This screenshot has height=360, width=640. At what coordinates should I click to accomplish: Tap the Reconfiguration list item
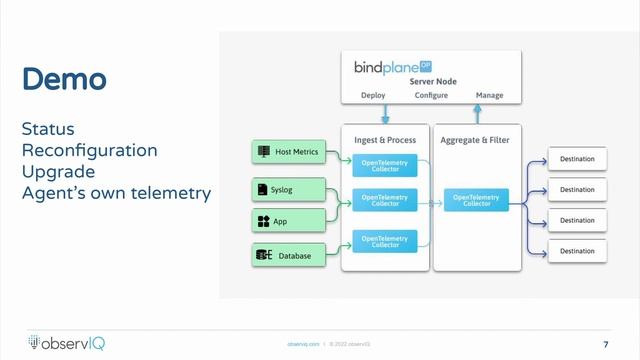[x=90, y=151]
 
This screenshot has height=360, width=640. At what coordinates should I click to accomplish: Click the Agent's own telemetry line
[x=116, y=192]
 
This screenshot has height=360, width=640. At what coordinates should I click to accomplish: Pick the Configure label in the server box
[x=431, y=96]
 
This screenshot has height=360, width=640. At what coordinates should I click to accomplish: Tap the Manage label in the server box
[x=488, y=96]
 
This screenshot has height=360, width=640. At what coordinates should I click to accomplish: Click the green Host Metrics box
[x=288, y=152]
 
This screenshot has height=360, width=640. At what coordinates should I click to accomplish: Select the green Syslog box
[x=288, y=188]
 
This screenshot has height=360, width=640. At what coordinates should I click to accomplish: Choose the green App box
[x=288, y=221]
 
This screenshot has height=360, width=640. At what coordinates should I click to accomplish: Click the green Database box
[x=288, y=257]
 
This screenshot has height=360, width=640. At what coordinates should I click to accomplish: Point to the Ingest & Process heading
[x=385, y=140]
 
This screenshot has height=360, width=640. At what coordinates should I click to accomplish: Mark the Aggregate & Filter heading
[x=475, y=140]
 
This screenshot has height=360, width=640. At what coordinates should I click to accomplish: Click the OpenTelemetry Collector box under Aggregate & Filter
[x=475, y=200]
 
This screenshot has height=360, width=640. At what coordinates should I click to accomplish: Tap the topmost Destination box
[x=577, y=159]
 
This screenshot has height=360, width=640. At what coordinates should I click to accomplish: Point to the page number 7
[x=606, y=344]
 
